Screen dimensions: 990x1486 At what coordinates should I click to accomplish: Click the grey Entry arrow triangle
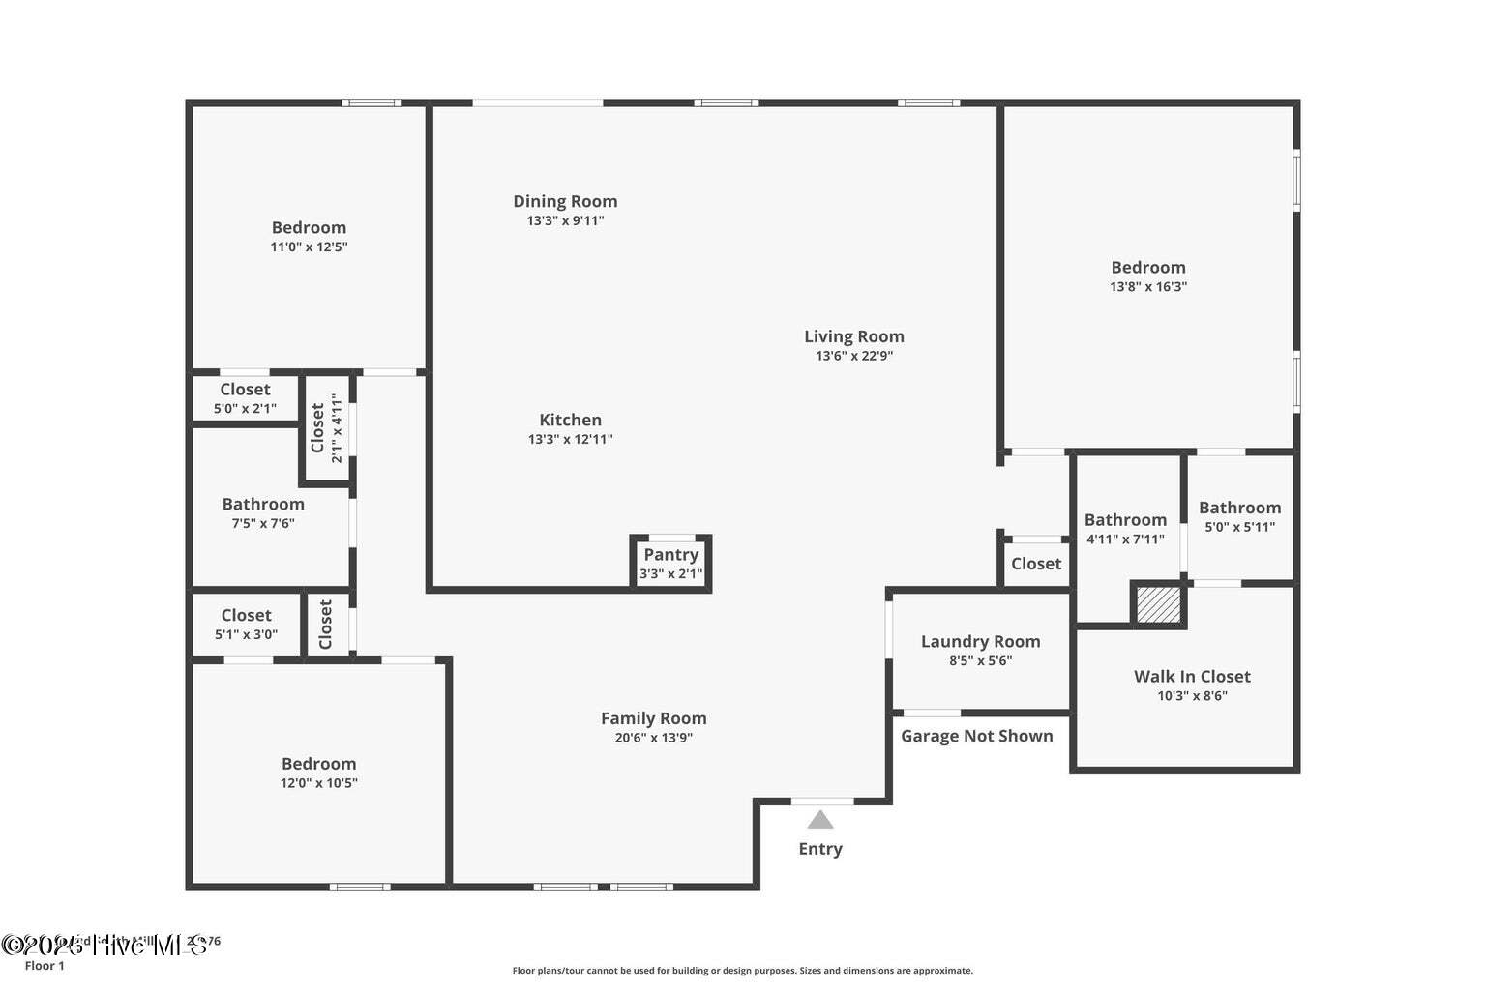click(820, 820)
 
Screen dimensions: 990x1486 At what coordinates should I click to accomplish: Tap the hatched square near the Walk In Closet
click(1158, 605)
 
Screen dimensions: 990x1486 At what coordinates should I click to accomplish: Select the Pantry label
click(670, 555)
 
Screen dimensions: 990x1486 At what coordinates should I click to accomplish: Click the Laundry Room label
click(980, 642)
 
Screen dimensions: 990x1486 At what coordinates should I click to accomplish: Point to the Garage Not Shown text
click(976, 736)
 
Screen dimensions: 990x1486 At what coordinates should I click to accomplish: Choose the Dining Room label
click(565, 201)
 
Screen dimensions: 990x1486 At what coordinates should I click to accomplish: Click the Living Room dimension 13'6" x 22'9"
click(853, 356)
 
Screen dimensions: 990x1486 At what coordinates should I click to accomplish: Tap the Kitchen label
click(570, 420)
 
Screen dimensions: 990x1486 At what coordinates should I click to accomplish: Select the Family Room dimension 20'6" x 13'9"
click(653, 738)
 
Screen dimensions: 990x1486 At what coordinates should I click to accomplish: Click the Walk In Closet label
click(1192, 677)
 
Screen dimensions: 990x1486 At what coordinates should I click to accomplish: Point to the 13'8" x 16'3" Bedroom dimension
click(1147, 287)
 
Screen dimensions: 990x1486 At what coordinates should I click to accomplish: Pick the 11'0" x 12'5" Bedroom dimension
click(309, 247)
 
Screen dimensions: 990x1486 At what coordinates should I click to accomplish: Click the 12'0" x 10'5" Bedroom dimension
click(318, 783)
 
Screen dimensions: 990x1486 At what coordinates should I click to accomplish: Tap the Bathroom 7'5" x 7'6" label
click(263, 504)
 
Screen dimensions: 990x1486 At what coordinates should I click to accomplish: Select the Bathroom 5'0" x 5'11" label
click(1239, 508)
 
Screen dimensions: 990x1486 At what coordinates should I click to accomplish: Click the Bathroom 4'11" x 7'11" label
click(1125, 520)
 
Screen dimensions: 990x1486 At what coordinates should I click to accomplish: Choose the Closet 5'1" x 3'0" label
click(246, 616)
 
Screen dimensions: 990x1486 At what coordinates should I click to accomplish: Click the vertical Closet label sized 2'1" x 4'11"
click(318, 427)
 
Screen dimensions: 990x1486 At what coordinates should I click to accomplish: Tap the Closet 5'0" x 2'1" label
click(245, 390)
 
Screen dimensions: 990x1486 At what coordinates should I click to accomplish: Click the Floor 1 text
click(45, 966)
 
